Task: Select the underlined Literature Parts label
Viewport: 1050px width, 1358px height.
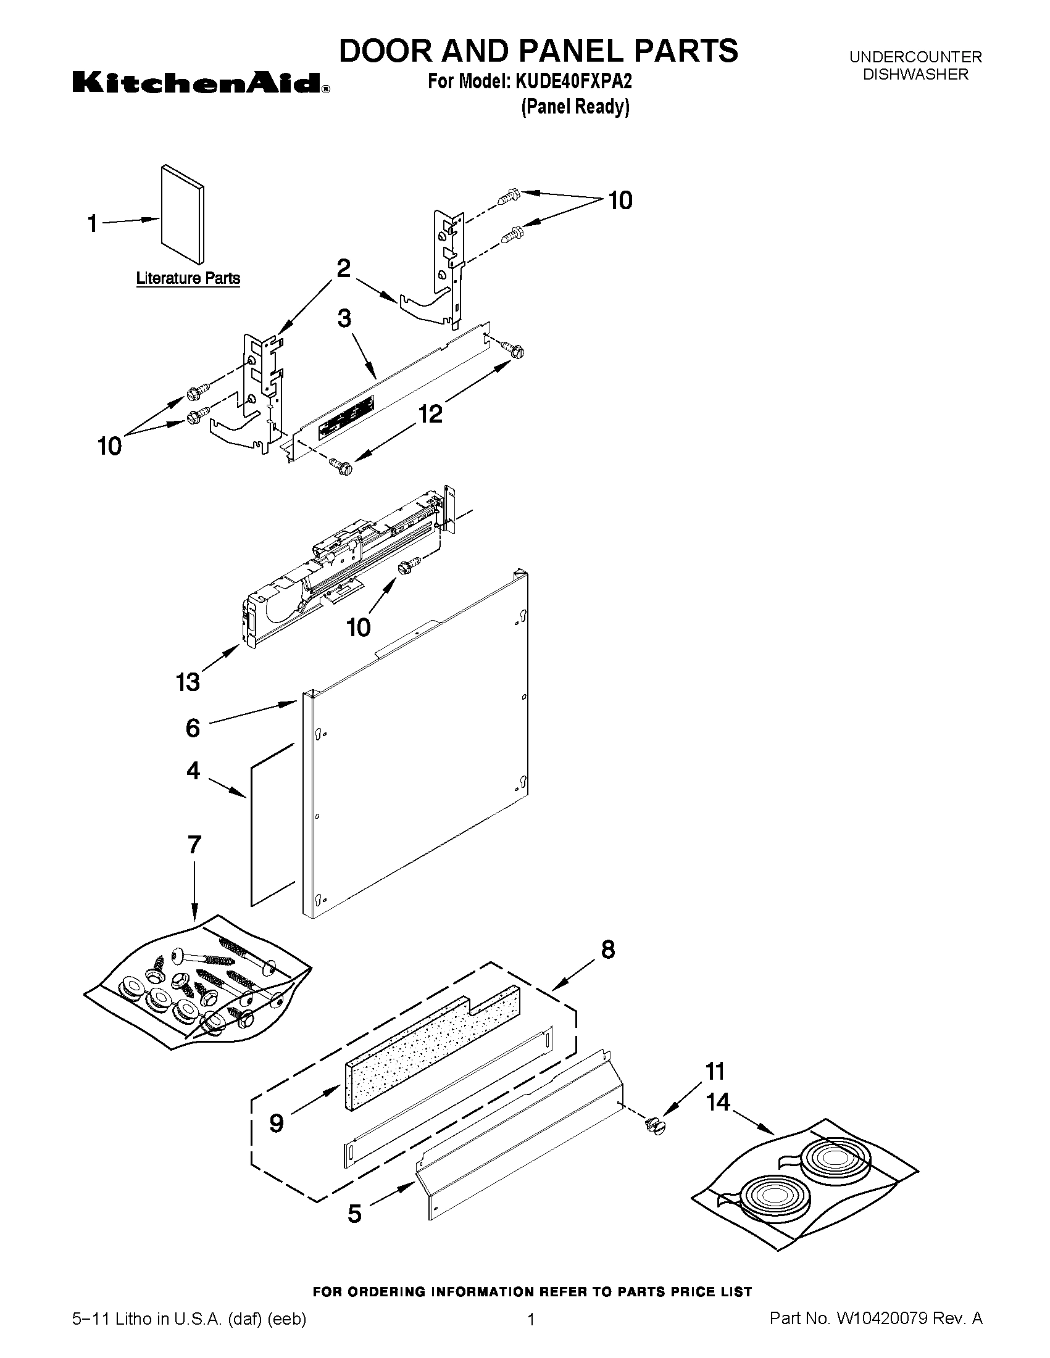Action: point(188,278)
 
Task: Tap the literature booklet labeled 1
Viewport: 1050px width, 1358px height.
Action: point(181,215)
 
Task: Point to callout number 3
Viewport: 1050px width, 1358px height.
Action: point(344,319)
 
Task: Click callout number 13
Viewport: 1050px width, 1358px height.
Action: point(188,682)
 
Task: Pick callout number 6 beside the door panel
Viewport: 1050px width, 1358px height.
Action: point(193,727)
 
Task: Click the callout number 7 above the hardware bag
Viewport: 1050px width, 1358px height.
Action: point(194,845)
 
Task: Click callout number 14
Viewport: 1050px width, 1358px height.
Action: point(718,1102)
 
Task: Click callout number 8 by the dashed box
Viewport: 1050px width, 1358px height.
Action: point(608,950)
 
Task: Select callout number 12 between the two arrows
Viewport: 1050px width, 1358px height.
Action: point(430,413)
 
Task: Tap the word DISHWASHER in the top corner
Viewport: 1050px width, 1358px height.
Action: point(915,75)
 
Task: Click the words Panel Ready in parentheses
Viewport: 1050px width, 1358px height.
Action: point(575,107)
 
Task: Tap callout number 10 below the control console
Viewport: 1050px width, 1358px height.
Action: point(359,627)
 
